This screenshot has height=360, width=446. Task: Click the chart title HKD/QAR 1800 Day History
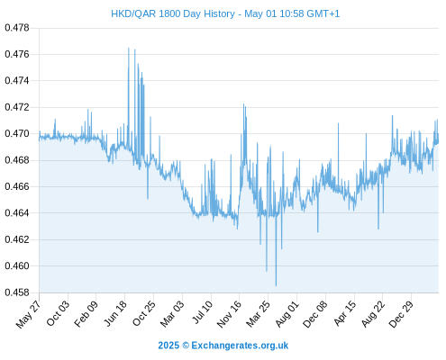(173, 13)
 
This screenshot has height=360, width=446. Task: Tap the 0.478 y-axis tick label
(17, 28)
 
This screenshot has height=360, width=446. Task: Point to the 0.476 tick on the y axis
(17, 54)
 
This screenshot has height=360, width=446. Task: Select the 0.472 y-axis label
(17, 107)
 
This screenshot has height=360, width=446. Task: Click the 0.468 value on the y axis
(17, 160)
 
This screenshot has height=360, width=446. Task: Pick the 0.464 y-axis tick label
(17, 213)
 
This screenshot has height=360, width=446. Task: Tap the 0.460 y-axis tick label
(17, 266)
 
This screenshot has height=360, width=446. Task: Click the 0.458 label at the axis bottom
(17, 292)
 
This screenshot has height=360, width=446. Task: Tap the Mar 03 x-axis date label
(172, 314)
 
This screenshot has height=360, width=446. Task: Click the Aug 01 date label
(287, 314)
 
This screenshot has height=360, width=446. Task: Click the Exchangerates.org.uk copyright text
(240, 346)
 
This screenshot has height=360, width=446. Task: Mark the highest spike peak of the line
(129, 48)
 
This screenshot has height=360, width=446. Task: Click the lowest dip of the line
(276, 285)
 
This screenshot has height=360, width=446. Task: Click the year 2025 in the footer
(168, 346)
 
